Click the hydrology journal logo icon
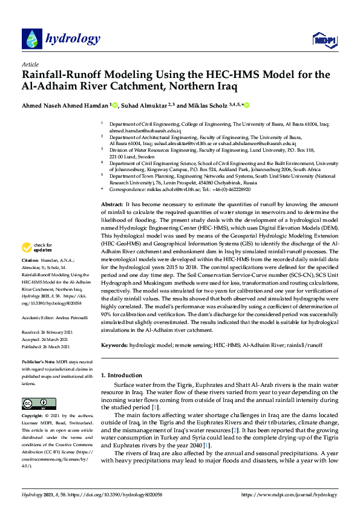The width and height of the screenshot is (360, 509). [x=31, y=39]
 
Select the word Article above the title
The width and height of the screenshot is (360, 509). [x=30, y=64]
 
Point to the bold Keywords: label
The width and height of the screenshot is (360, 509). [x=114, y=345]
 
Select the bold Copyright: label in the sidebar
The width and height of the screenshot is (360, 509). [x=33, y=417]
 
